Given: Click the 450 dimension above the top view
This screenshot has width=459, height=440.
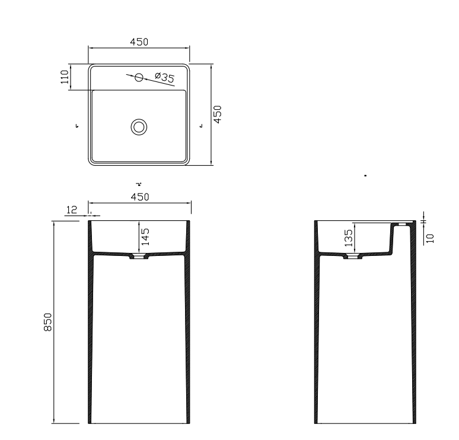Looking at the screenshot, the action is [139, 42].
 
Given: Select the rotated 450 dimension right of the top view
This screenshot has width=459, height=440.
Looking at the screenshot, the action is [217, 115].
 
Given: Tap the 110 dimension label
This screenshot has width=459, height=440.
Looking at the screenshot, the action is [65, 77].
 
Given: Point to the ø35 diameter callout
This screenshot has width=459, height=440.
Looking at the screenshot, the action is [164, 77].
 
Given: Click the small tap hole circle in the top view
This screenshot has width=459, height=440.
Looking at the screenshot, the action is [139, 77].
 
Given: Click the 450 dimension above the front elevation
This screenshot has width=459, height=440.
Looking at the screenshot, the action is [140, 197].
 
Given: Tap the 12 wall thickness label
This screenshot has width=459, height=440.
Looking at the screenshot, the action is [72, 210].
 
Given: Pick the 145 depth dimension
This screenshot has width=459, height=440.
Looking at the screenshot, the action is [145, 236].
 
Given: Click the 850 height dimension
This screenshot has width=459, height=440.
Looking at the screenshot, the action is [47, 322].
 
